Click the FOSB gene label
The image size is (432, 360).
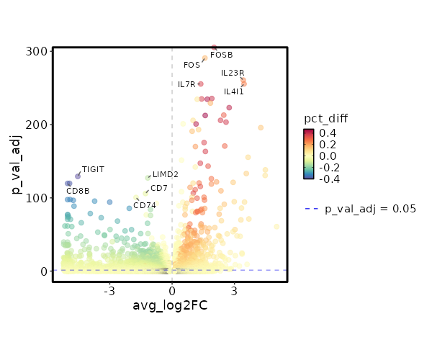point(221,55)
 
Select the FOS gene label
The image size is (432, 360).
point(192,65)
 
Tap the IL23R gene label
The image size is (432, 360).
point(233,73)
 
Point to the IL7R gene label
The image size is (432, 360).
point(186,84)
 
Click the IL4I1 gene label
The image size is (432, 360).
point(233,91)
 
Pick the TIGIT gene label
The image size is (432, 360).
point(93,169)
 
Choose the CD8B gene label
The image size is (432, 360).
point(78,191)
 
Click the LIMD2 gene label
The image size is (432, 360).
point(165,174)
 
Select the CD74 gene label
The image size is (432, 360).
point(144,205)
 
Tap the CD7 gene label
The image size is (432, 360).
point(158,188)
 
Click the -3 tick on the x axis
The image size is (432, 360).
point(109,291)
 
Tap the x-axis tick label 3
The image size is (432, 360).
point(235,291)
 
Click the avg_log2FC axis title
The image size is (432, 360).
point(170,306)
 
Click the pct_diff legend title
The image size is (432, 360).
point(326,118)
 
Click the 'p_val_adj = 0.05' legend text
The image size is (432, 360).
point(370,209)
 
